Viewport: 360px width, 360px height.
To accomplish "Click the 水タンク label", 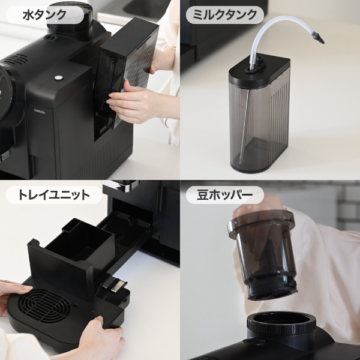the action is tap(45, 15).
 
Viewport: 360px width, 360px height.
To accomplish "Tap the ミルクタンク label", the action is tap(225, 15).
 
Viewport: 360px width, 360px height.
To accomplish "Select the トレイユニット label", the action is tap(54, 195).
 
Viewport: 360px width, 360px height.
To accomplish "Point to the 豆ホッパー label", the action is tap(225, 195).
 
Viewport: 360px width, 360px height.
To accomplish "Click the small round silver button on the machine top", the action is tap(59, 77).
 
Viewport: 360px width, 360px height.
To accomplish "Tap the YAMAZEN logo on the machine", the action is tap(40, 112).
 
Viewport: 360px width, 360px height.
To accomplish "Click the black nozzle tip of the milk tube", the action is tap(319, 38).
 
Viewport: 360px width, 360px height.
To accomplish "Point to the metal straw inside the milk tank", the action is tap(245, 126).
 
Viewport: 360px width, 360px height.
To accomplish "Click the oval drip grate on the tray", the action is tap(44, 306).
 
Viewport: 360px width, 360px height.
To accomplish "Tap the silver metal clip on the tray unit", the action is tap(115, 284).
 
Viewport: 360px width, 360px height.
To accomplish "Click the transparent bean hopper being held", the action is tap(262, 254).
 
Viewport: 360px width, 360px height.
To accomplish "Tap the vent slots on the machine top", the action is tap(15, 59).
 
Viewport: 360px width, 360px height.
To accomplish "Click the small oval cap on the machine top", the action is tap(51, 37).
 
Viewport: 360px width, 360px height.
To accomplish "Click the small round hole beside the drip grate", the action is tap(75, 305).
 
